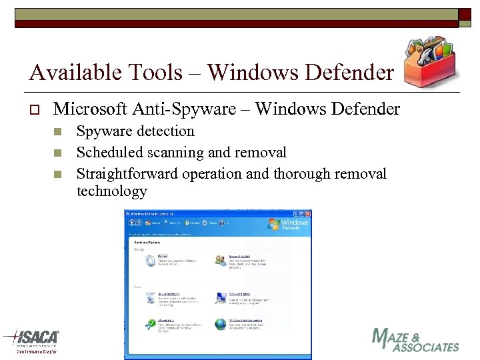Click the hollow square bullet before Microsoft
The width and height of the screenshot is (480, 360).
point(33,109)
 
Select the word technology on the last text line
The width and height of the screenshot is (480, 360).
point(111,191)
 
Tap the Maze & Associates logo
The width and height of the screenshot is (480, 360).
point(415,341)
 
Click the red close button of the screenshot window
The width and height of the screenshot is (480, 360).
point(308,214)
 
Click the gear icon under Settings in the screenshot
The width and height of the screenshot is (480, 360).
point(151,261)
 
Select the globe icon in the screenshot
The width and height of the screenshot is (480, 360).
point(220,324)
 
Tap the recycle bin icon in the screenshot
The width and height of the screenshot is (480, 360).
point(151,298)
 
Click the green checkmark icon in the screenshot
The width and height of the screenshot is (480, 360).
point(151,324)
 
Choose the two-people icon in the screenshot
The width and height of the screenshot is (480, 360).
point(220,261)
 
